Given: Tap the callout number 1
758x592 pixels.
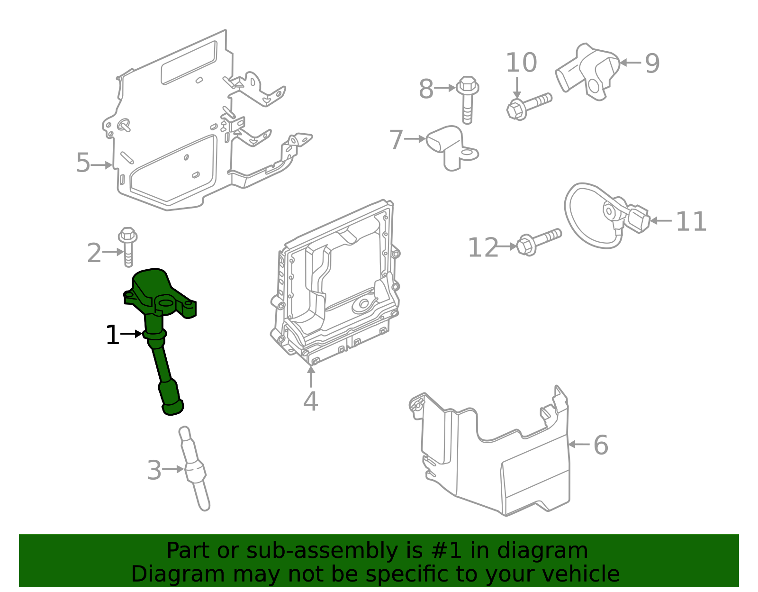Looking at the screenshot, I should coord(112,335).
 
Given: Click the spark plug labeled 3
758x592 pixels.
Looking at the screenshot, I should coord(195,469).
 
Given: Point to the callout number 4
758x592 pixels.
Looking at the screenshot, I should coord(310,401).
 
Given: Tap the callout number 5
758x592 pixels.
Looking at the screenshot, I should coord(83,163).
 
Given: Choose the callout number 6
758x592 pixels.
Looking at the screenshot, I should coord(601,445).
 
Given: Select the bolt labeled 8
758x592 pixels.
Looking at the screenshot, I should coord(467,100).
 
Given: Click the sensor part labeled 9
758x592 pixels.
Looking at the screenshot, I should coord(587,71).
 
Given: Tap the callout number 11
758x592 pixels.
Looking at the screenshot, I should coord(691,221).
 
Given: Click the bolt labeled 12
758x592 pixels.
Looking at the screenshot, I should coord(538,242).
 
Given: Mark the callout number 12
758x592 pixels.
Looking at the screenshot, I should coord(483,247).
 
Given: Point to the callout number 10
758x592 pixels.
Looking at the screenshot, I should coord(521,63).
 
